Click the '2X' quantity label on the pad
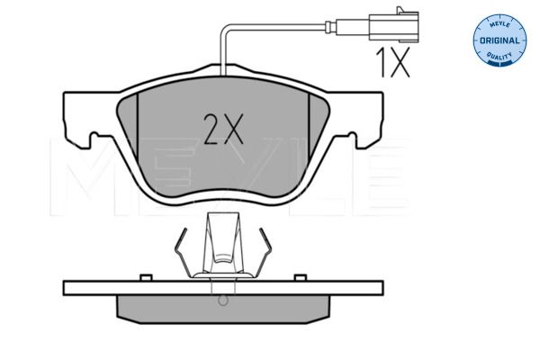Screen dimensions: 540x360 [223, 129]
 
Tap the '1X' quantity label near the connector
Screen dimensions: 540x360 [393, 62]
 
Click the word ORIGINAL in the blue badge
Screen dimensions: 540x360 [499, 40]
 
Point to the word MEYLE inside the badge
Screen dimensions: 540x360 [500, 24]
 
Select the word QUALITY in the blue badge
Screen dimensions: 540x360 [499, 55]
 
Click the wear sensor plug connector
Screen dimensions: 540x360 [394, 26]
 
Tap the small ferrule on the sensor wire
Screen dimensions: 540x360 [330, 27]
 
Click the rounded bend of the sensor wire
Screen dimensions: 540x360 [224, 31]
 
